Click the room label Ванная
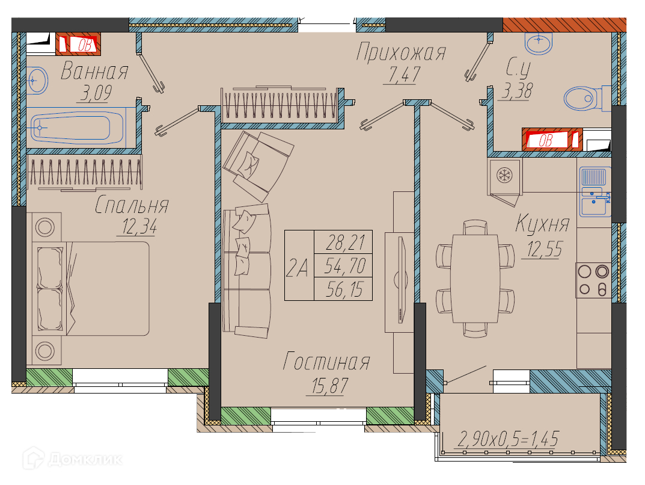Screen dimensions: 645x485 tap(94, 71)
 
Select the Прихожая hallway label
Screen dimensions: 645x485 tap(401, 52)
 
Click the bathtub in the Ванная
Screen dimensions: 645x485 tap(77, 128)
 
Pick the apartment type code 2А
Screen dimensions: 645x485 tap(297, 268)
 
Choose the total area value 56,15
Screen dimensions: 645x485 tap(344, 289)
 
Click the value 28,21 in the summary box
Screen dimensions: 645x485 tap(344, 242)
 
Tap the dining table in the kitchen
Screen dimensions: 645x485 tap(475, 279)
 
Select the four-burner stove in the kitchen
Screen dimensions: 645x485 tap(593, 280)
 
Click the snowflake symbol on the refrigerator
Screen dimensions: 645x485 tap(504, 176)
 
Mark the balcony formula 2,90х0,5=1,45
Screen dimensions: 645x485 tap(508, 439)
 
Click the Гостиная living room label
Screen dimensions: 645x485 tap(326, 362)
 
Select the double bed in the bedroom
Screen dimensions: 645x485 tap(93, 288)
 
